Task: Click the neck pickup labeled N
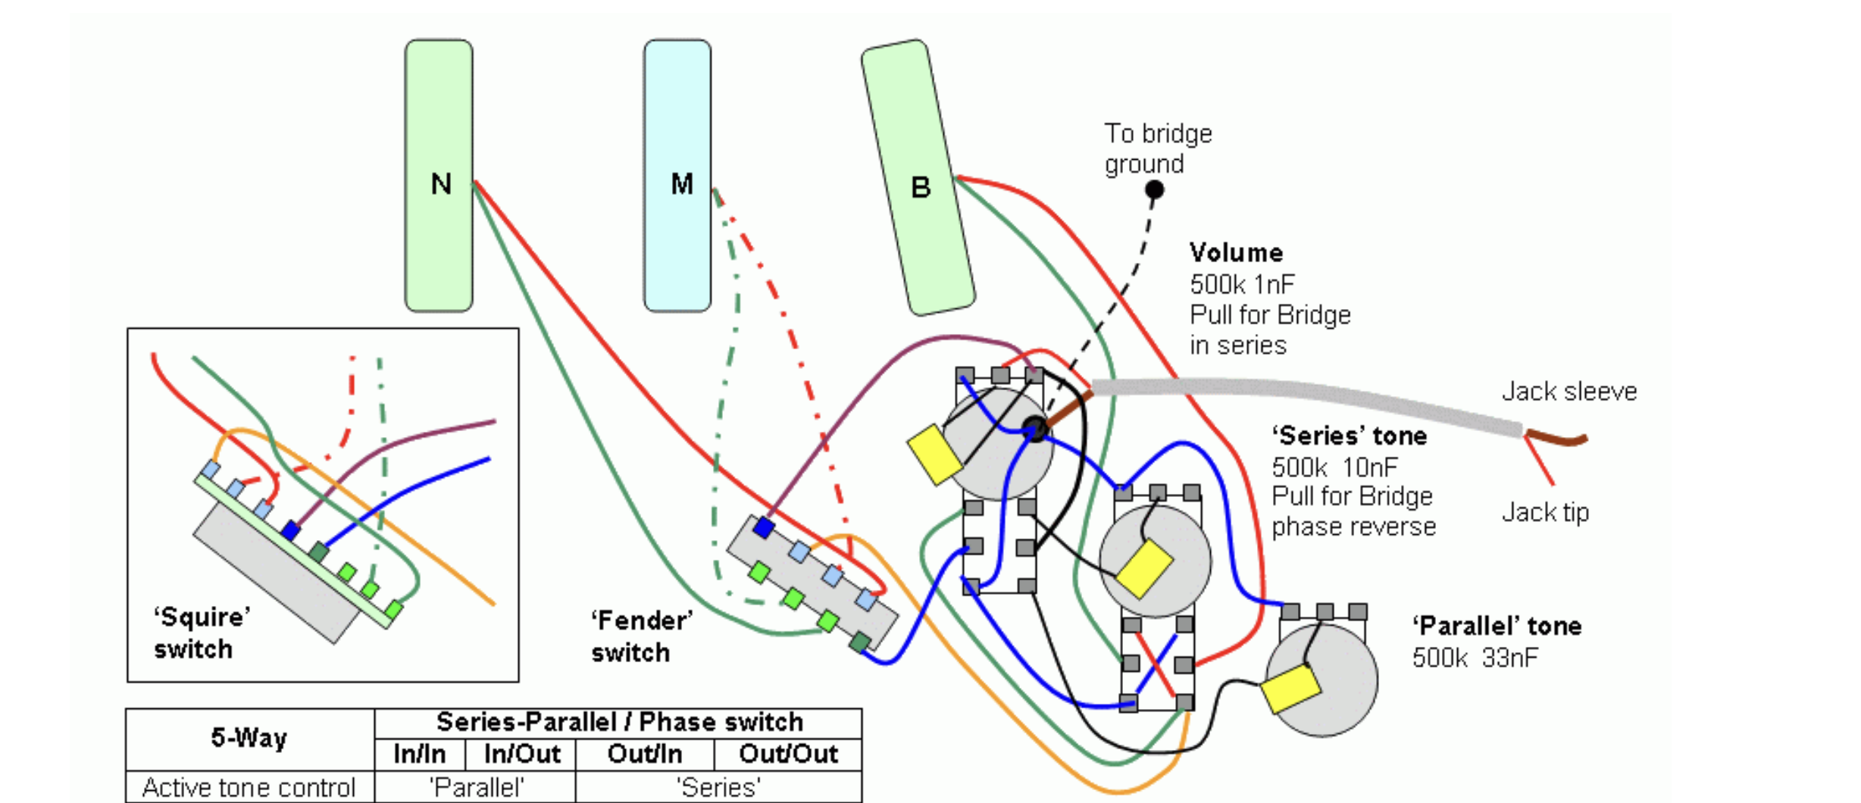439,176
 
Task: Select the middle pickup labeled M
677,176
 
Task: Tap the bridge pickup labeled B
918,177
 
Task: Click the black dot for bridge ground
1154,189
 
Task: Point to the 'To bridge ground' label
1158,148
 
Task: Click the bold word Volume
1236,252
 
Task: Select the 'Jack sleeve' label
1569,392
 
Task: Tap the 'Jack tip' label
1545,513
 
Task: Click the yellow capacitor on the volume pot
934,454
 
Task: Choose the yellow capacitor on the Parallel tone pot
1290,688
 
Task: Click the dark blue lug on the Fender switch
764,527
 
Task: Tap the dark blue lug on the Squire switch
290,530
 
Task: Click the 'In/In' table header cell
420,755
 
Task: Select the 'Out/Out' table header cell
788,755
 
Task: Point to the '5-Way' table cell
249,739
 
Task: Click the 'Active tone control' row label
249,787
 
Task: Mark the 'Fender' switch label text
642,636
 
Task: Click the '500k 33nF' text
1475,658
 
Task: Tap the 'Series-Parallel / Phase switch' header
619,722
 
